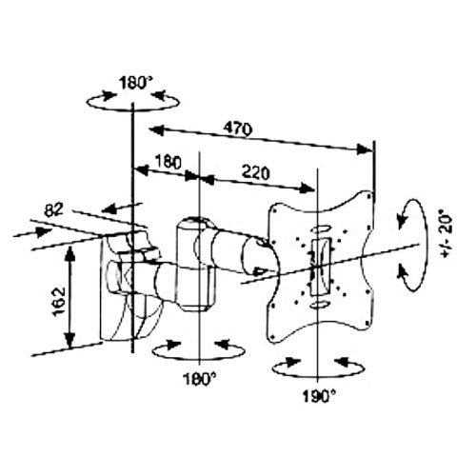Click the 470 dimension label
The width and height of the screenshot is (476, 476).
237,129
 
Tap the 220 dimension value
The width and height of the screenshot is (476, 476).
256,173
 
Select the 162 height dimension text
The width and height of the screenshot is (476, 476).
59,302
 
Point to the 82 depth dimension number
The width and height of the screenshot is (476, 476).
53,210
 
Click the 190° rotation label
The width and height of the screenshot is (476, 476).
319,397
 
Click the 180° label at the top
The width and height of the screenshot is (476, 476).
136,84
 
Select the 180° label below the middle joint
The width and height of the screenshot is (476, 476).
200,379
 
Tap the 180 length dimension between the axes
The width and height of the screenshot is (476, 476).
169,162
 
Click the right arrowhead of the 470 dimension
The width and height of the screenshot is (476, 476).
365,149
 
